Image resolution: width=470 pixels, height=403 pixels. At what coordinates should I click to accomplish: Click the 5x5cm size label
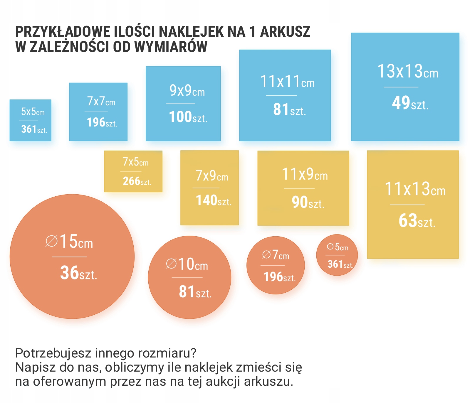pos(33,112)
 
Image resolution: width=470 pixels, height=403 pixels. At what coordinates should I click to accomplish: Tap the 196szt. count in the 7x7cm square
pos(102,122)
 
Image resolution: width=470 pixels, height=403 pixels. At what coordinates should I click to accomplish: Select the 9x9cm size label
pos(187,91)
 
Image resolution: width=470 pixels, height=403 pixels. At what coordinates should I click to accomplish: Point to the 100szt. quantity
pos(188,117)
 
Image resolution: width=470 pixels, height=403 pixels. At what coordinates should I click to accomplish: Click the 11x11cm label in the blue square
pos(287,82)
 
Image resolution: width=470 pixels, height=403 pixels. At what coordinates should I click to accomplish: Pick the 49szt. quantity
pos(410,103)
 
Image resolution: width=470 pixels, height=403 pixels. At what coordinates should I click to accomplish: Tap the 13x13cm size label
pos(408,72)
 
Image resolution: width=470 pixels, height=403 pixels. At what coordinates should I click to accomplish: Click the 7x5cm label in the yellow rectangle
pos(135,162)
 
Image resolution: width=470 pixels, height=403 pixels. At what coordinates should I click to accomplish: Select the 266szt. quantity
pos(137,181)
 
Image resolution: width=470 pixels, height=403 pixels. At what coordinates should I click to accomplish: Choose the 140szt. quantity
pos(214,201)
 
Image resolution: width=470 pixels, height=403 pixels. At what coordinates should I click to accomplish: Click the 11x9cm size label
pos(305,174)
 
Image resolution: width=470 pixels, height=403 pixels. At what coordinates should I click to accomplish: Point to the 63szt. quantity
pos(417,221)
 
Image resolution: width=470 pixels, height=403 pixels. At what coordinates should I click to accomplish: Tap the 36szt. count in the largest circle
pos(78,273)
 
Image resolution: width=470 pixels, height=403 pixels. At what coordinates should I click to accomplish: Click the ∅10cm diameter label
pos(187,264)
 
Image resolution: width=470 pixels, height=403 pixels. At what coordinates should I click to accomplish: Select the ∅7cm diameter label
pos(276,255)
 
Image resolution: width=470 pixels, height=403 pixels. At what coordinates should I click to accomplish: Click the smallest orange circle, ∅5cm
pos(337,255)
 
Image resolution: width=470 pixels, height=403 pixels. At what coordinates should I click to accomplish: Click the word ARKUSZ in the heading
pos(285,32)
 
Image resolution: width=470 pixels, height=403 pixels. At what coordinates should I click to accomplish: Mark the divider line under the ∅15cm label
pos(69,257)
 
